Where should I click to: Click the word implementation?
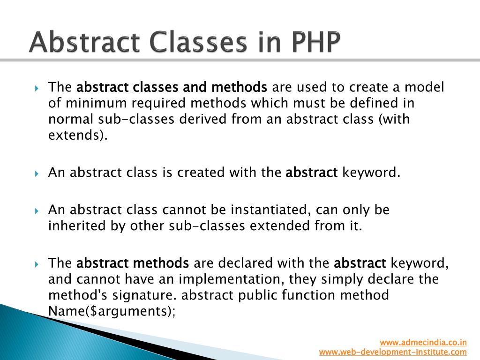pyautogui.click(x=232, y=279)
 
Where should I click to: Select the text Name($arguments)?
pyautogui.click(x=112, y=312)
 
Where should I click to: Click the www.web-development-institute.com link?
pyautogui.click(x=393, y=352)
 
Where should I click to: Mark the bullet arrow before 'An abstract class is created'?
pyautogui.click(x=37, y=173)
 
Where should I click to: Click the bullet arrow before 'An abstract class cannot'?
pyautogui.click(x=37, y=210)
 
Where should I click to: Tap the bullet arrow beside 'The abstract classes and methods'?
pyautogui.click(x=37, y=88)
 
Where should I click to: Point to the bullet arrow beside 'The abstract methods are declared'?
pyautogui.click(x=37, y=264)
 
